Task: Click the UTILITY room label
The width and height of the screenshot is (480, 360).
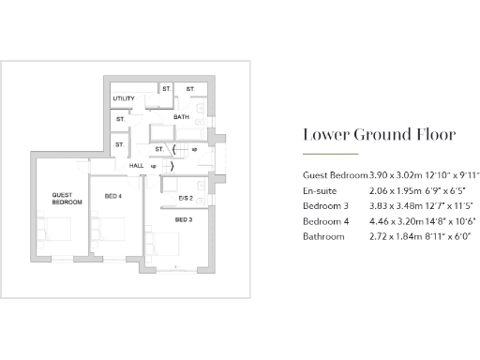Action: tap(124, 98)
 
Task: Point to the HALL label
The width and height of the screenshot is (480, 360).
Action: tap(136, 165)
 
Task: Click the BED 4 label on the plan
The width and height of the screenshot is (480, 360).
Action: tap(113, 195)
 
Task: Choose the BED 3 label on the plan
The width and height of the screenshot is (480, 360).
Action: tap(183, 218)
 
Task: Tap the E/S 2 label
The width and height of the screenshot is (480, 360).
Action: tap(184, 198)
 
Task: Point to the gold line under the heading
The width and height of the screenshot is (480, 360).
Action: tap(329, 154)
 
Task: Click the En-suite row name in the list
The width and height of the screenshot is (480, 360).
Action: tap(322, 190)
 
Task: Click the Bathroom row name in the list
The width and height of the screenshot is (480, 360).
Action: tap(323, 236)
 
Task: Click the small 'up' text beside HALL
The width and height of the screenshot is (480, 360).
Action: tap(154, 165)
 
